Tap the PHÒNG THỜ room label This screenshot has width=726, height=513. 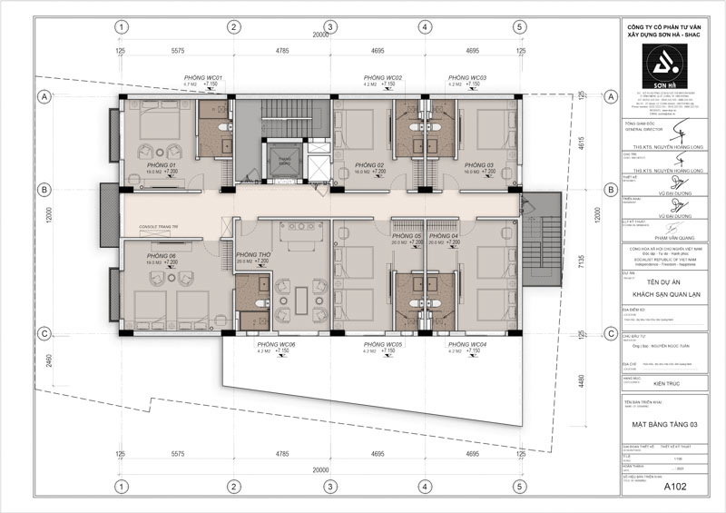(251, 255)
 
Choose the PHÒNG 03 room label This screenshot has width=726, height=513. (477, 164)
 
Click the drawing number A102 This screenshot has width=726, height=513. (673, 487)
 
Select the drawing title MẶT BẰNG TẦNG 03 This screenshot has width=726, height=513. (664, 424)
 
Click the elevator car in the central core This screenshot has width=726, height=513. (284, 161)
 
